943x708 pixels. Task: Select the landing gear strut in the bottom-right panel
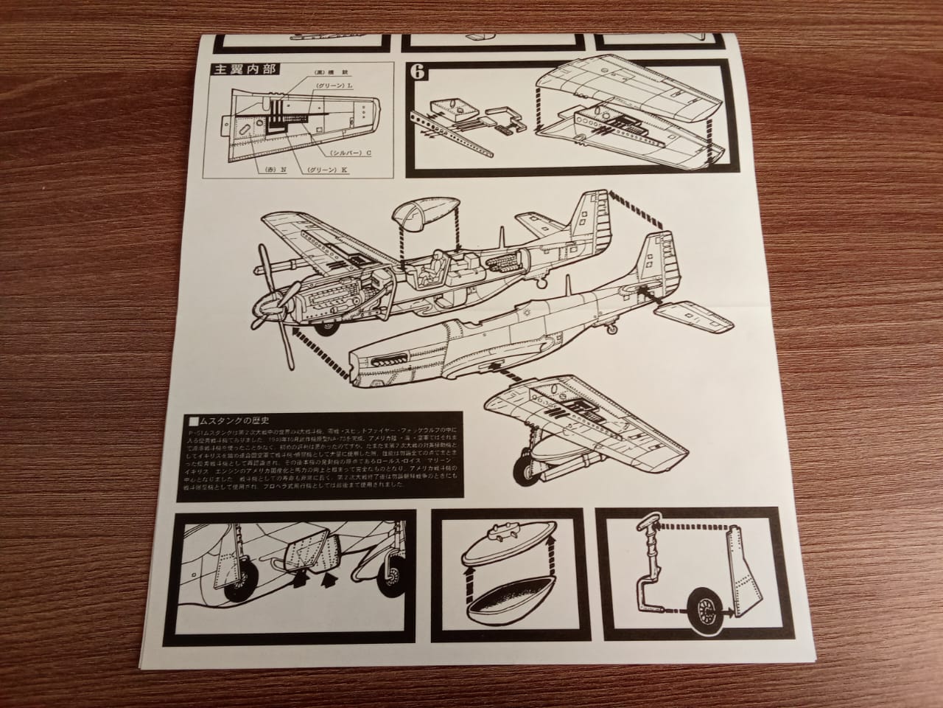648,575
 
